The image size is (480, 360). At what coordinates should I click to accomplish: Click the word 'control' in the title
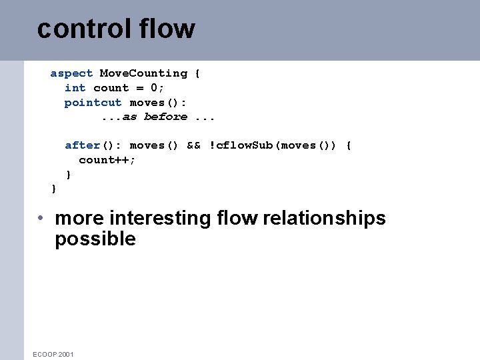[75, 29]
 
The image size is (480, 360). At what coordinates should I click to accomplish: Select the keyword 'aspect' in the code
[71, 73]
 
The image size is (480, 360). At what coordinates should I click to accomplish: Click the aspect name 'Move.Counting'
[143, 73]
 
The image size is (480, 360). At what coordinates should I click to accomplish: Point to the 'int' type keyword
[75, 88]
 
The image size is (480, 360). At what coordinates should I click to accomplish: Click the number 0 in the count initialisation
[154, 88]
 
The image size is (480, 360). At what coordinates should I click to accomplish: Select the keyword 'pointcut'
[93, 103]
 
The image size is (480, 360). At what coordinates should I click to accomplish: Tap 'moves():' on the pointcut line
[158, 103]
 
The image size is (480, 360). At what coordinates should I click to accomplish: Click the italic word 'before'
[165, 117]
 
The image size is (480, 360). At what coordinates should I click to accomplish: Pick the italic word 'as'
[129, 117]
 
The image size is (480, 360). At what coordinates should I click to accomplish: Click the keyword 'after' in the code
[82, 145]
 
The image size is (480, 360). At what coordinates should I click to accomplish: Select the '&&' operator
[193, 145]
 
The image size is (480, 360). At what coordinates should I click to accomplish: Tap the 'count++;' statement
[107, 160]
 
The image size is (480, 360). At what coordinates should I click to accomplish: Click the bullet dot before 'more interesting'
[41, 219]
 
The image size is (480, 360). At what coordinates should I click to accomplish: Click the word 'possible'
[95, 239]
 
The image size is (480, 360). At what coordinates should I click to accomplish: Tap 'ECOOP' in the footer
[44, 354]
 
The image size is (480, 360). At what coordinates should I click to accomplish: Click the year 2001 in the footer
[66, 354]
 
